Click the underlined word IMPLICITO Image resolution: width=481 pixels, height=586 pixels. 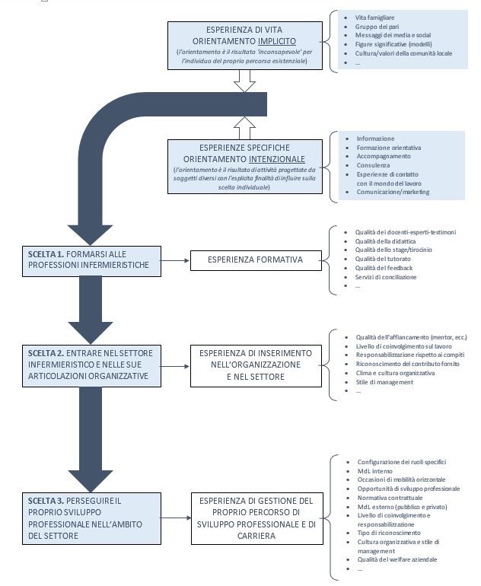coord(277,41)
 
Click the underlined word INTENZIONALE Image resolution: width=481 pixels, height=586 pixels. coord(277,159)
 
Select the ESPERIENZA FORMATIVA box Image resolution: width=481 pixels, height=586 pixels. coord(256,260)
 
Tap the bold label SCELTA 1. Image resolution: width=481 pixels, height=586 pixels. coord(46,254)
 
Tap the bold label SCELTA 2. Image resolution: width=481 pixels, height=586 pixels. coord(46,353)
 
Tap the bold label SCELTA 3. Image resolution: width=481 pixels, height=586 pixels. coord(46,501)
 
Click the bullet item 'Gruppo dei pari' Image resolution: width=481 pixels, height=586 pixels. coord(377,27)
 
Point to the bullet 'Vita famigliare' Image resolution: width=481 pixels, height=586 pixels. coord(374,18)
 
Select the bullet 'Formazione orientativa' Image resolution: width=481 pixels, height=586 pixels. coord(389,148)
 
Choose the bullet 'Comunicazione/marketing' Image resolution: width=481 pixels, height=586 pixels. coord(393,192)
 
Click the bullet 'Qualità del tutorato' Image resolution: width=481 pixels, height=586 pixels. coord(383,259)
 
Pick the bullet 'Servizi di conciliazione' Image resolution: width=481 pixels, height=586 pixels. coord(386,277)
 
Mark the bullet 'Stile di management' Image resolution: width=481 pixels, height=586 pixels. coord(384,382)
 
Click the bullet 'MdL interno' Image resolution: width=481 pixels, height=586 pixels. coord(375,471)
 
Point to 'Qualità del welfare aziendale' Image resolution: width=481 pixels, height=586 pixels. coord(397,559)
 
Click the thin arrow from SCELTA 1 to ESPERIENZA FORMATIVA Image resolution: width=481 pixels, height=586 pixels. coord(175,260)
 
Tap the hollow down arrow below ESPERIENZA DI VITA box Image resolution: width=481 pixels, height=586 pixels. coord(244,81)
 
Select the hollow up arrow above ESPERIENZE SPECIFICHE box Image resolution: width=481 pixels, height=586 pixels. coord(244,128)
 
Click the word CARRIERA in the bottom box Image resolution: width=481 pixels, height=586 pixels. coord(256,536)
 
